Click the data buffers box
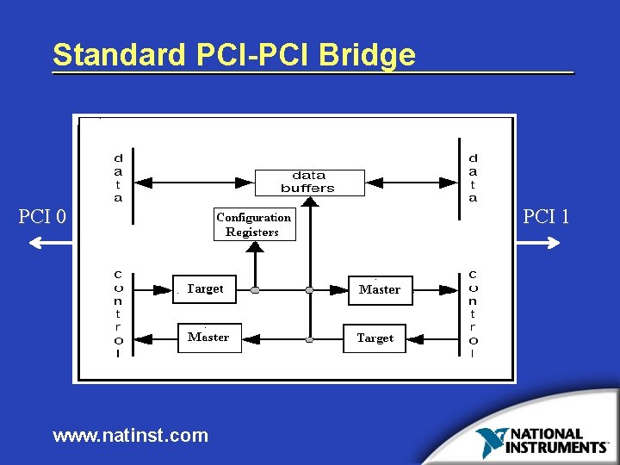307,182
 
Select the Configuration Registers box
253,225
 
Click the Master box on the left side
208,337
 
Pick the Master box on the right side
380,289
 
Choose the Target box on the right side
375,338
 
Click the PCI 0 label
43,216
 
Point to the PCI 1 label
546,216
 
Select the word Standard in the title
118,55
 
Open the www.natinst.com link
130,435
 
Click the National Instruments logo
543,440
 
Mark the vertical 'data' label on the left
118,178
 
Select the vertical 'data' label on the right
473,178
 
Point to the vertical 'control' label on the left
118,313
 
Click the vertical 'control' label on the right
473,313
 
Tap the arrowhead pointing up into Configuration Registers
254,246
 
